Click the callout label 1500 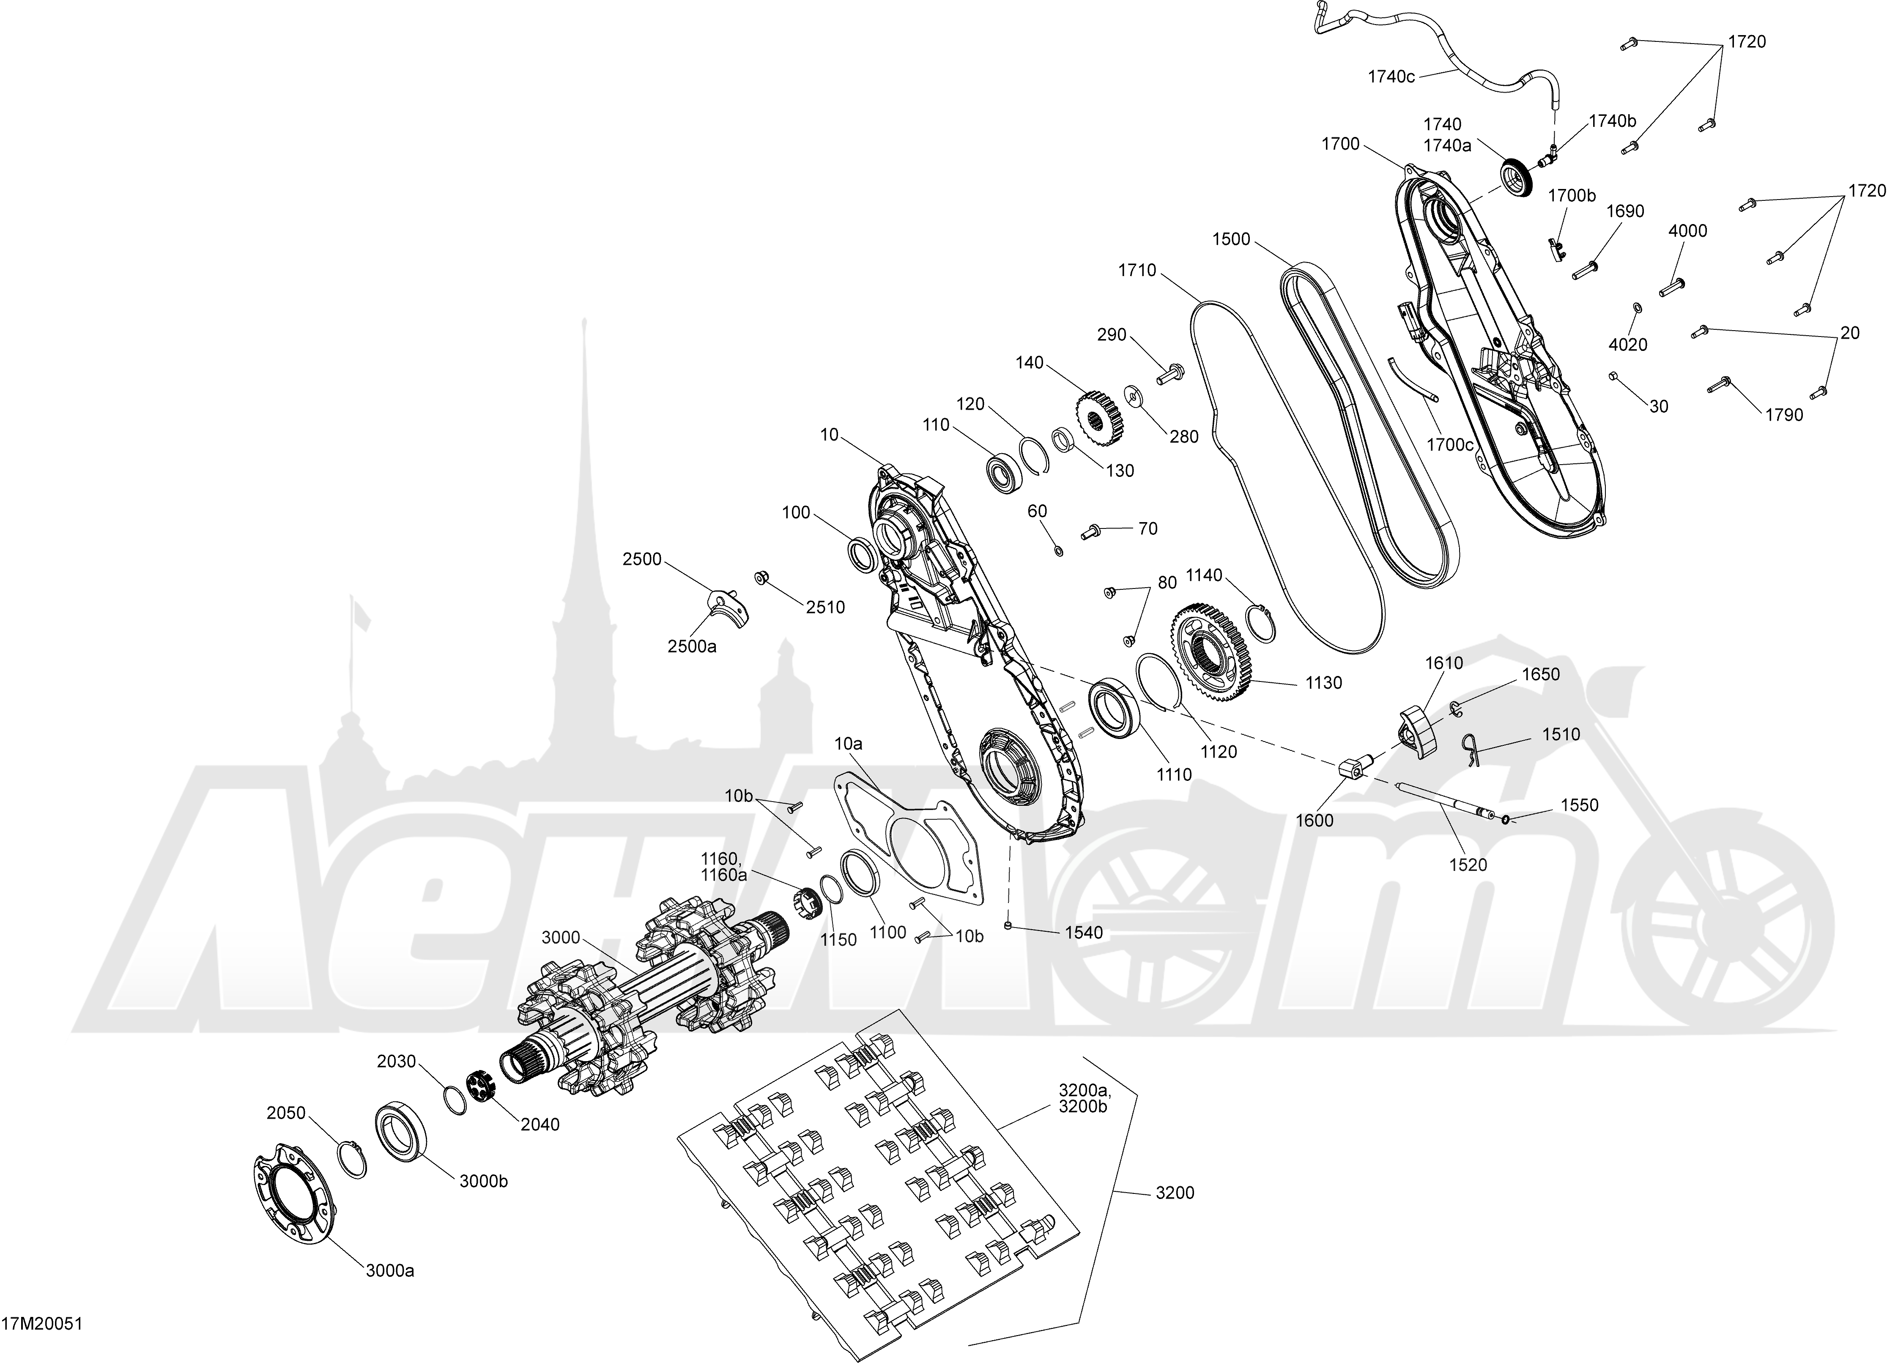pyautogui.click(x=1231, y=239)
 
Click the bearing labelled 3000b pyautogui.click(x=403, y=1129)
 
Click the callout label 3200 pyautogui.click(x=1175, y=1193)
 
